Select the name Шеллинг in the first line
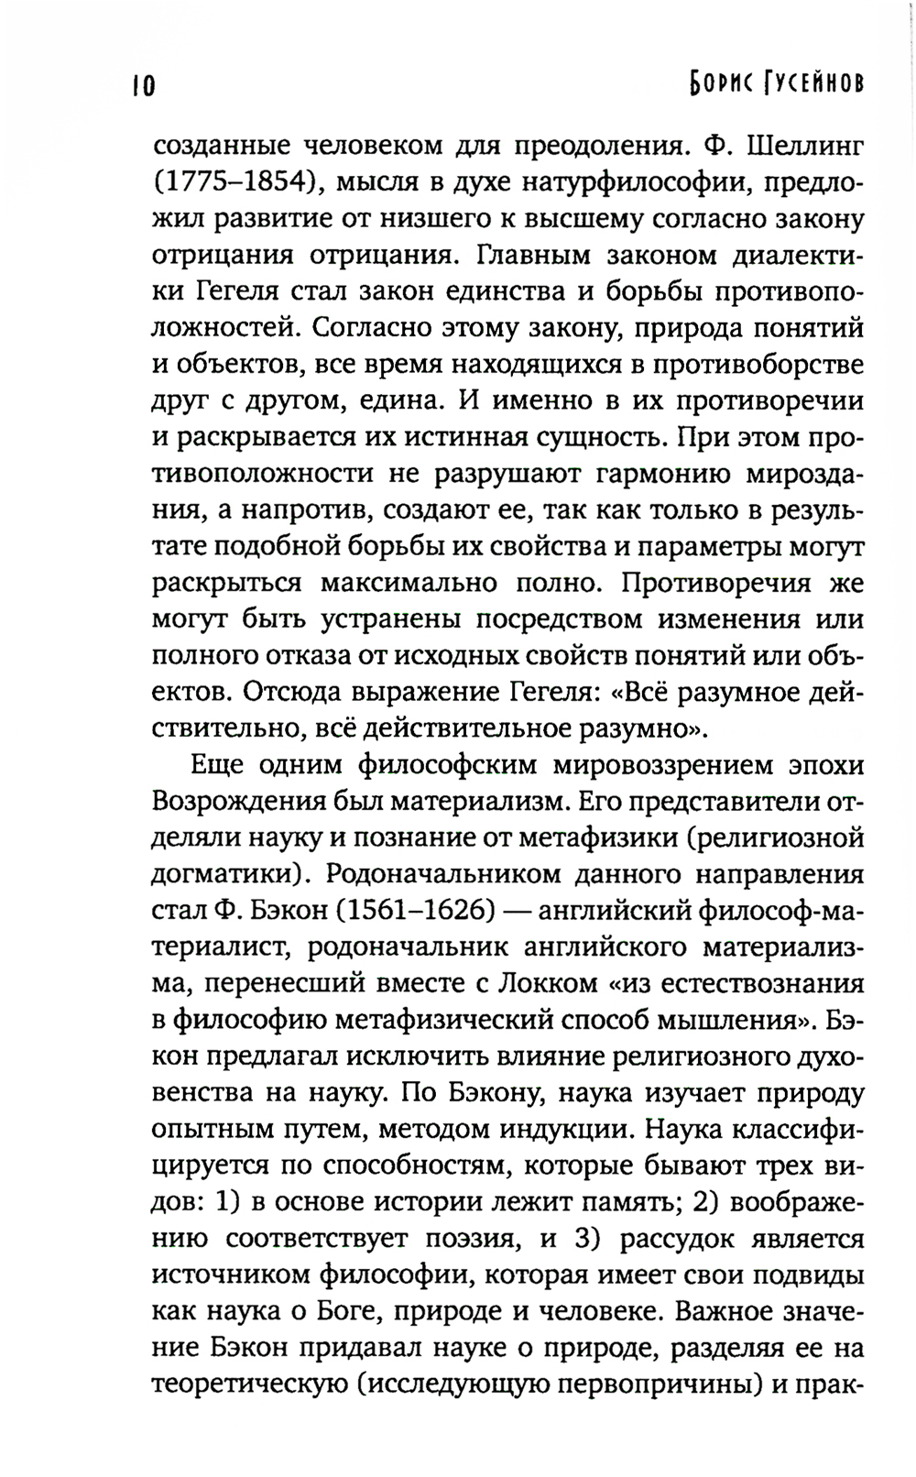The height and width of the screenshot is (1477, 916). [806, 146]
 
